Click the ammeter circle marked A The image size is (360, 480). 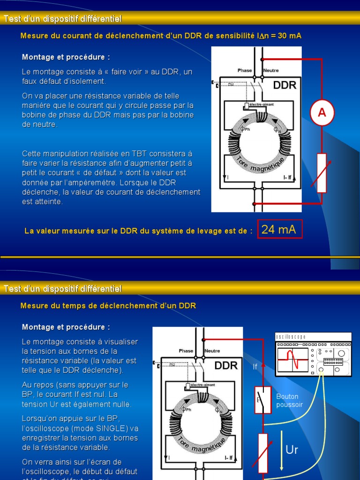coord(322,112)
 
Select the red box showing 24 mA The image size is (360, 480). coord(280,229)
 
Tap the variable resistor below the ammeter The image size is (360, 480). coord(322,172)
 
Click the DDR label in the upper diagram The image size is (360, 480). coord(285,85)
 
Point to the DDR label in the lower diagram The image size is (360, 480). coord(226,366)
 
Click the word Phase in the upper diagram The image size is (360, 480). coord(245,70)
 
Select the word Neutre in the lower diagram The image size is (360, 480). coord(212,351)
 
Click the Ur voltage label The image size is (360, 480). coord(292,450)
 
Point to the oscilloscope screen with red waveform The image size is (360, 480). coord(293,360)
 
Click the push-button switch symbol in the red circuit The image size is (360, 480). coord(262,400)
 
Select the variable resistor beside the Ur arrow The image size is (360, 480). coord(262,453)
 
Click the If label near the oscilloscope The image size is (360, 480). coord(255,367)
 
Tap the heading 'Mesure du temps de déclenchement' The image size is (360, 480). coord(108,306)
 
